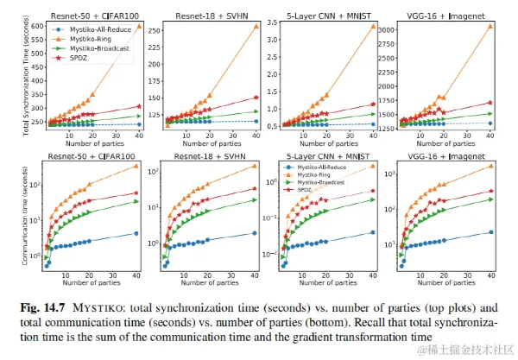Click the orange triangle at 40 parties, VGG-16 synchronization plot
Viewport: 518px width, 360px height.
(490, 26)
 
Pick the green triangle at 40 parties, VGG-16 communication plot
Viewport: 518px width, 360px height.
(490, 199)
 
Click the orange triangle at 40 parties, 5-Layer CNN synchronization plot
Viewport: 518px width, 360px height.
(373, 26)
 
